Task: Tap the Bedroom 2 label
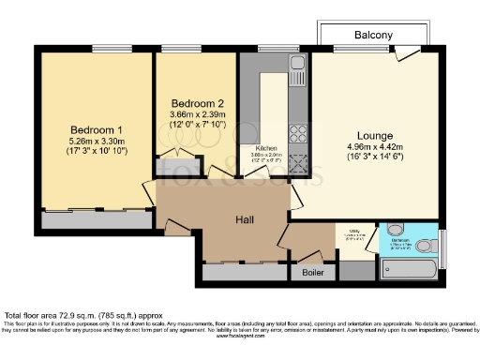click(x=197, y=103)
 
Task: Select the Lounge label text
click(x=374, y=135)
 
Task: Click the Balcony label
click(x=373, y=36)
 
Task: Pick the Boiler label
click(x=310, y=273)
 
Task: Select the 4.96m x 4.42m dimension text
click(x=373, y=146)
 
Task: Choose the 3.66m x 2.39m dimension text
click(x=197, y=114)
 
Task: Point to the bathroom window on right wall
click(x=442, y=241)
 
